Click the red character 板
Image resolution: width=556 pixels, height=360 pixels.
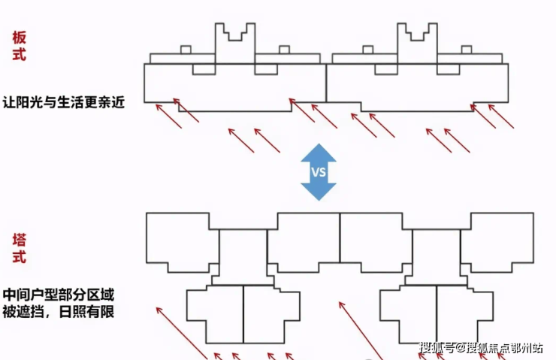click(x=20, y=38)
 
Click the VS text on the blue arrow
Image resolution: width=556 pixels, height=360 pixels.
click(x=319, y=171)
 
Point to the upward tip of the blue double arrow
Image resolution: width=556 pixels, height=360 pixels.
click(x=319, y=147)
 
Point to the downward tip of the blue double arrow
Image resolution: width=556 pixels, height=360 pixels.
click(x=319, y=198)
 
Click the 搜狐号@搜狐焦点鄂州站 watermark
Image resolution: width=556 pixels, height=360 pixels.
click(x=481, y=347)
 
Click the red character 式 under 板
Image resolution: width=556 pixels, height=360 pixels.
click(x=20, y=56)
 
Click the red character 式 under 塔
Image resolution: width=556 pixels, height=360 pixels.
click(x=20, y=258)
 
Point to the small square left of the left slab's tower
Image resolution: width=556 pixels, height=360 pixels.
click(x=186, y=50)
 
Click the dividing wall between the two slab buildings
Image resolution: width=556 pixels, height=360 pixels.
click(x=327, y=83)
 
